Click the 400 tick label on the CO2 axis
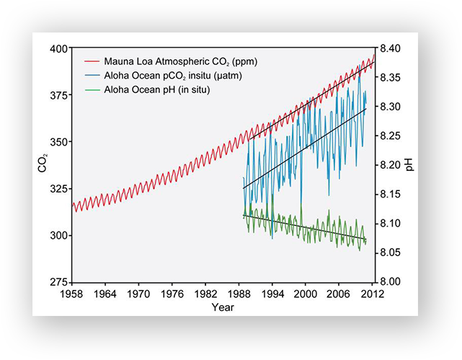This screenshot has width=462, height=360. pyautogui.click(x=60, y=48)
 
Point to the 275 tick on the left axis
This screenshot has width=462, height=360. pyautogui.click(x=60, y=281)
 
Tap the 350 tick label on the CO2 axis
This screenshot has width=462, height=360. pyautogui.click(x=60, y=141)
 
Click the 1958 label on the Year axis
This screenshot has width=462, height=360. pyautogui.click(x=71, y=294)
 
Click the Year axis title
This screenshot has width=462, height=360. pyautogui.click(x=222, y=307)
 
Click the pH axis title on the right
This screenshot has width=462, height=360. pyautogui.click(x=409, y=165)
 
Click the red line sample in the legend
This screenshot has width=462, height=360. pyautogui.click(x=91, y=62)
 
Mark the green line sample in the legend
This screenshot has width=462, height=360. pyautogui.click(x=91, y=89)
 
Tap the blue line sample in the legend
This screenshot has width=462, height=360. pyautogui.click(x=91, y=76)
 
